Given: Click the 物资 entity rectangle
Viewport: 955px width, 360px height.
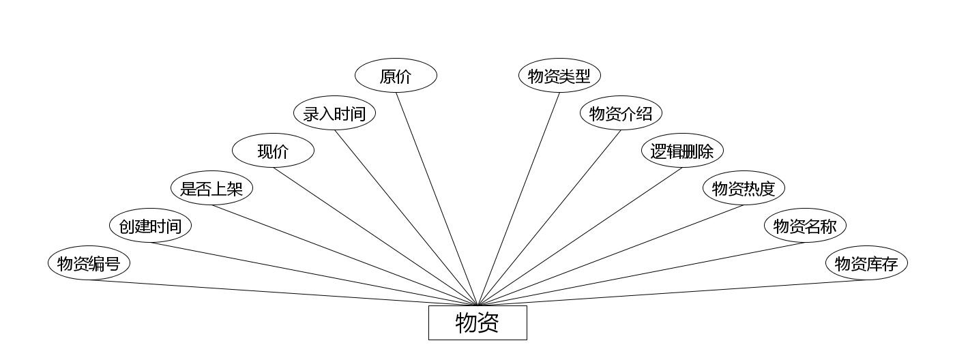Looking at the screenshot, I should tap(477, 322).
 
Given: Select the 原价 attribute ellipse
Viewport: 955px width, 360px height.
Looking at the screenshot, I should tap(396, 76).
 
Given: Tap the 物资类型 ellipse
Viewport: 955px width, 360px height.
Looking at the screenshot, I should tap(559, 76).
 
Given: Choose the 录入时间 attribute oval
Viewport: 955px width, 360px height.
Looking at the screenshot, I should tap(334, 113).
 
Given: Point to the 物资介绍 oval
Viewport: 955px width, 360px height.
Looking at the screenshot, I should tap(621, 113).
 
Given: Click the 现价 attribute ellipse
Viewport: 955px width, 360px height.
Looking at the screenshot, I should tap(273, 151).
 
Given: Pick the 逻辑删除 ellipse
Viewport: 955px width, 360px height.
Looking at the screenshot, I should tap(682, 151).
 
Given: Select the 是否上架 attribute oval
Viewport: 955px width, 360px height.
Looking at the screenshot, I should tap(211, 188).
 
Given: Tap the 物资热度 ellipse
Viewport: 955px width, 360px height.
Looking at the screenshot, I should tap(744, 188).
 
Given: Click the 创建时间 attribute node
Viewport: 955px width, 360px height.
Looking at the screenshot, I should tap(150, 226).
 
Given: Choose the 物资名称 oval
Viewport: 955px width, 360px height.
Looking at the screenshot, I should tap(805, 226).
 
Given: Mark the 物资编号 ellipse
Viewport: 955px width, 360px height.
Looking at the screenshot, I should tap(89, 263).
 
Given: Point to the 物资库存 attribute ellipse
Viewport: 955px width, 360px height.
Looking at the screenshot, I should tap(866, 263).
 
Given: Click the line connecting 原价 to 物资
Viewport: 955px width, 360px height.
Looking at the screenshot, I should tap(437, 198).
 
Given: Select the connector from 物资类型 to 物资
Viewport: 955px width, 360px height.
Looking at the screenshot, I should tap(518, 198).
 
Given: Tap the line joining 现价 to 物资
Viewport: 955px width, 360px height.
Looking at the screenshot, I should tap(375, 236).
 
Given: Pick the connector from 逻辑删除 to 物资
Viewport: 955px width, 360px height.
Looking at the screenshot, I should tap(580, 236).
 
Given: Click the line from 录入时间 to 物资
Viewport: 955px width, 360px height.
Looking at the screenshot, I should tap(406, 217).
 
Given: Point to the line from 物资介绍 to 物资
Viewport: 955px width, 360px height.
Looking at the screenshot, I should tap(549, 217).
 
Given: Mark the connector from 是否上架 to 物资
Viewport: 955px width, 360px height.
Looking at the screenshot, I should tap(344, 255).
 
